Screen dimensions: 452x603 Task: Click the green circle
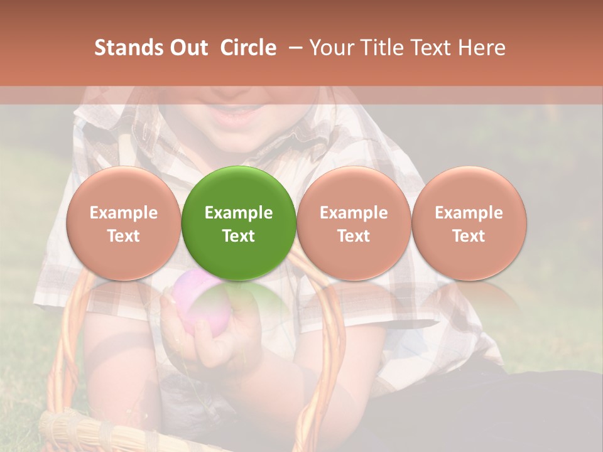pyautogui.click(x=239, y=223)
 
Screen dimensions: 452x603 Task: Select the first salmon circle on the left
pyautogui.click(x=123, y=223)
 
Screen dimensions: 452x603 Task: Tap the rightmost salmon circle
pyautogui.click(x=469, y=223)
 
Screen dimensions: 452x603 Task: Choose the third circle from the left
pyautogui.click(x=354, y=223)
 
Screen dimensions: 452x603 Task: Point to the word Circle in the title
pyautogui.click(x=248, y=48)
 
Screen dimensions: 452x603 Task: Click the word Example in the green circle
pyautogui.click(x=239, y=213)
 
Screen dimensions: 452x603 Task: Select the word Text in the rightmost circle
pyautogui.click(x=469, y=236)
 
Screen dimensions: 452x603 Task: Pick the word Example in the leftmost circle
pyautogui.click(x=123, y=213)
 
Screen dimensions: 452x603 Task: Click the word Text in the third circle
pyautogui.click(x=354, y=236)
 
